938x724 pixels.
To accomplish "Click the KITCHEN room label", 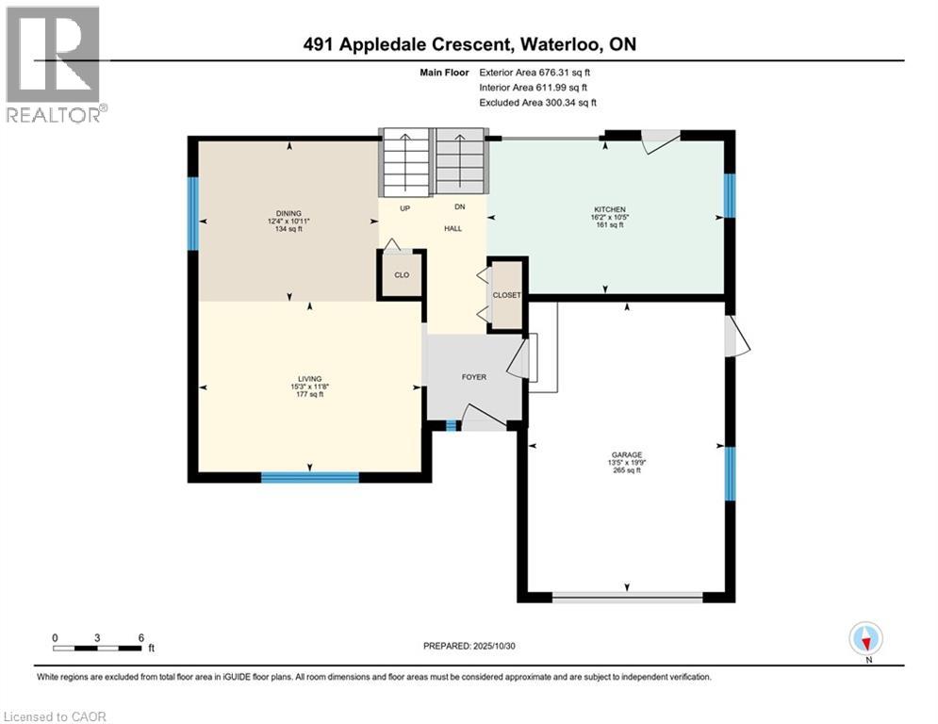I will [609, 209].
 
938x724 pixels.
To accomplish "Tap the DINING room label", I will [288, 213].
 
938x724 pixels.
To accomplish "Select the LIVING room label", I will [309, 377].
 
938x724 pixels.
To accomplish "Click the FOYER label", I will [473, 377].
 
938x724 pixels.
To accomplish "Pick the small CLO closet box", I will [402, 275].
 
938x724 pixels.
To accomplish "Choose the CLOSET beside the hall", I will [507, 295].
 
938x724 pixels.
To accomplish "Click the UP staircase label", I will [404, 207].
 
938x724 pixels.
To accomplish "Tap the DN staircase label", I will [459, 207].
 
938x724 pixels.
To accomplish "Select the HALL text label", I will [453, 228].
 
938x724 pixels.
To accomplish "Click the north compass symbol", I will [865, 639].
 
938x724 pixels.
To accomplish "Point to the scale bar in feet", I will [98, 647].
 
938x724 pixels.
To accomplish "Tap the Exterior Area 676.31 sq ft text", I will [535, 72].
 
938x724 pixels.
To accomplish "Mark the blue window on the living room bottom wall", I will [310, 477].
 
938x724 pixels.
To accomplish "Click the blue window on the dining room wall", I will [193, 214].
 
